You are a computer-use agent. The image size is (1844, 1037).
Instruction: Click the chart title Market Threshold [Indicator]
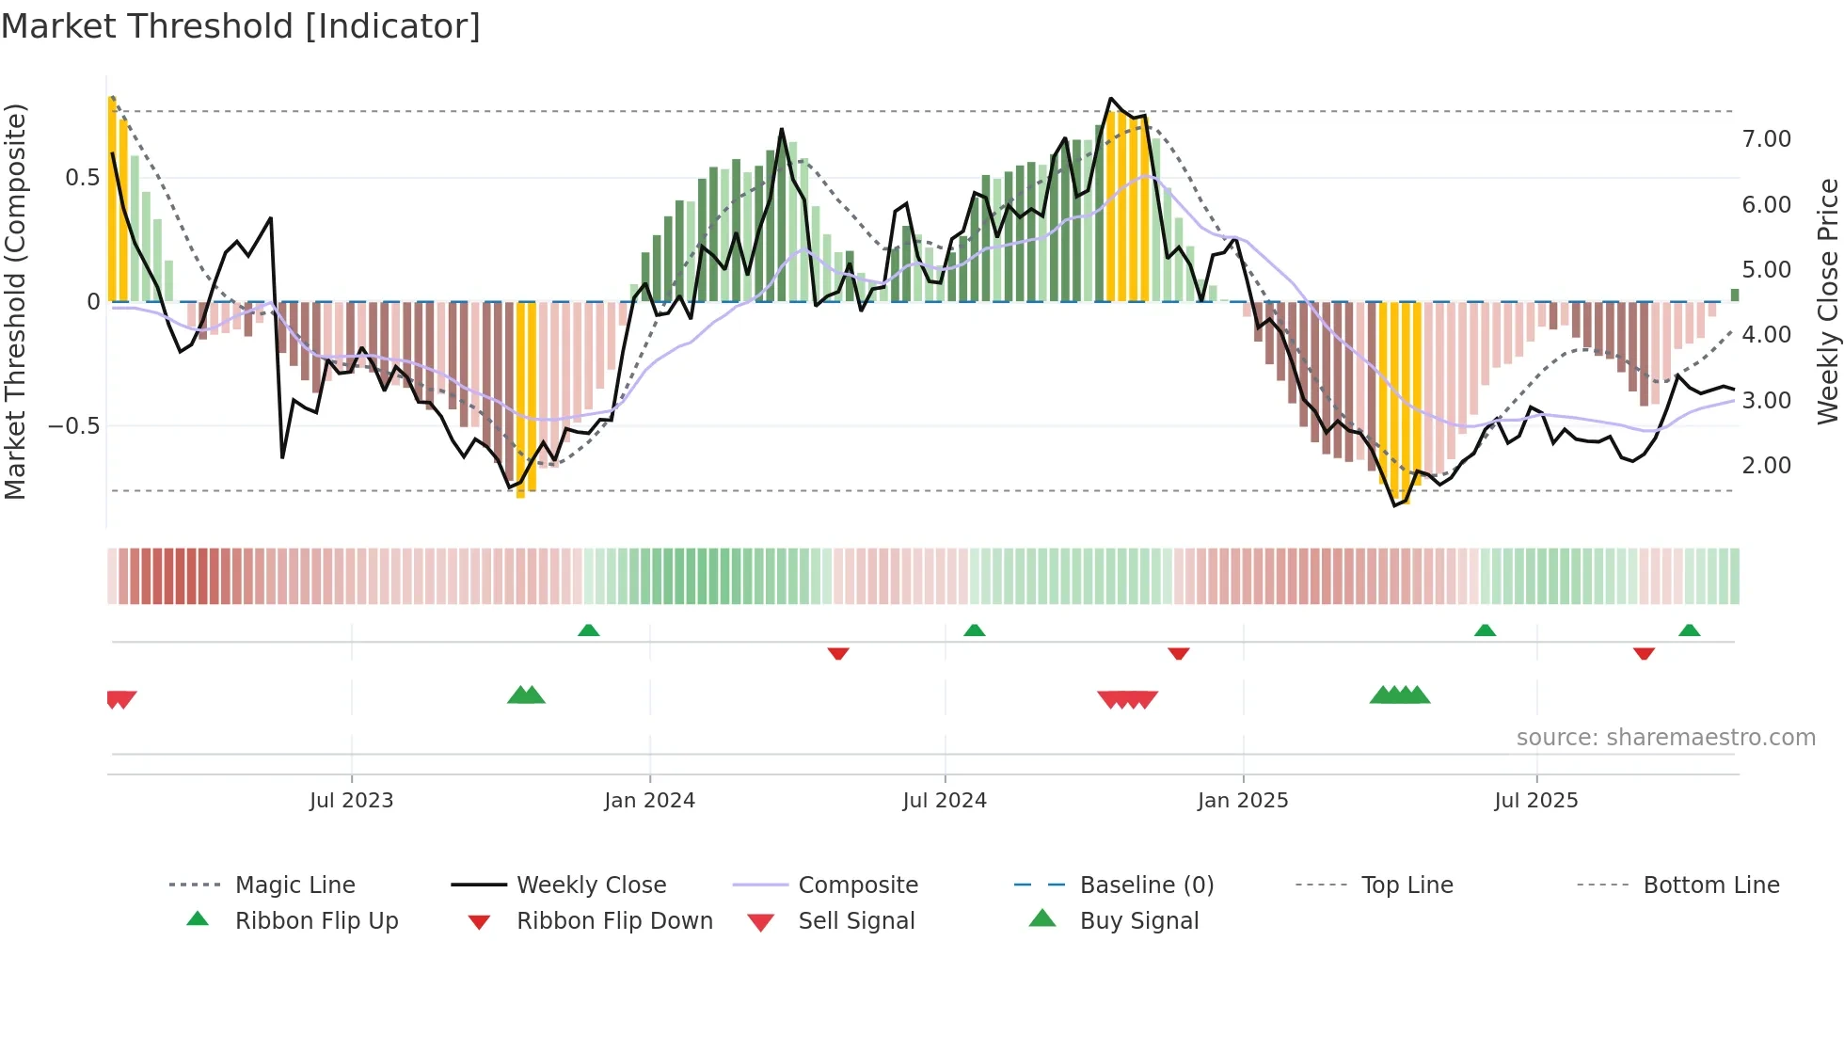tap(241, 26)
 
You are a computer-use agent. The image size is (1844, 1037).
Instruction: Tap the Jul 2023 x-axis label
tap(351, 801)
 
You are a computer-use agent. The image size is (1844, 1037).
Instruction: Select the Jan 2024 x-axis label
tap(649, 801)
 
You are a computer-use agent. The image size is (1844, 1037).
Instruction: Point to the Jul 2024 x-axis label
tap(945, 801)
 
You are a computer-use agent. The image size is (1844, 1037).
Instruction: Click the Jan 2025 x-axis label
tap(1243, 801)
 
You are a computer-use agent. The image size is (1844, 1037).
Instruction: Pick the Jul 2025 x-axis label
tap(1536, 801)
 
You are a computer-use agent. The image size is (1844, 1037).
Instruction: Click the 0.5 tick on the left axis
tap(82, 178)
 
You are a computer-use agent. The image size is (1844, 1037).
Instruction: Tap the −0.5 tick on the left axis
tap(73, 426)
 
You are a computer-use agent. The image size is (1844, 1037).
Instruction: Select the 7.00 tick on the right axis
tap(1766, 139)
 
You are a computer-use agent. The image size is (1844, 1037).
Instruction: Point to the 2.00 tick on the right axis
tap(1766, 466)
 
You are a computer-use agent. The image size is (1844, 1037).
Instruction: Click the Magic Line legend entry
tap(294, 885)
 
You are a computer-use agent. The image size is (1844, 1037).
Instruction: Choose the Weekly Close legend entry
tap(591, 885)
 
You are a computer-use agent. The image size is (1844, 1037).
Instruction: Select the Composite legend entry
tap(858, 885)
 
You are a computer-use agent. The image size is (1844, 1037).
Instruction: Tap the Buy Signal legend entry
tap(1138, 921)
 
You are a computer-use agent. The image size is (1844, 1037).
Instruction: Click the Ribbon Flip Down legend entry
tap(614, 921)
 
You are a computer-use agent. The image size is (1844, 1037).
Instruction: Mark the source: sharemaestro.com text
tap(1665, 738)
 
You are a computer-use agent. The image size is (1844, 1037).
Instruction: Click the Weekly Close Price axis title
tap(1827, 301)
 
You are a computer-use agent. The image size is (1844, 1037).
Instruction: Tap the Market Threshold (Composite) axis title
tap(15, 301)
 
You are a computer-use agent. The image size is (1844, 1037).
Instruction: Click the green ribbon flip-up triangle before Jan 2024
tap(588, 630)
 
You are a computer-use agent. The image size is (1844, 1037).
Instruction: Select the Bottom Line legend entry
tap(1710, 885)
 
